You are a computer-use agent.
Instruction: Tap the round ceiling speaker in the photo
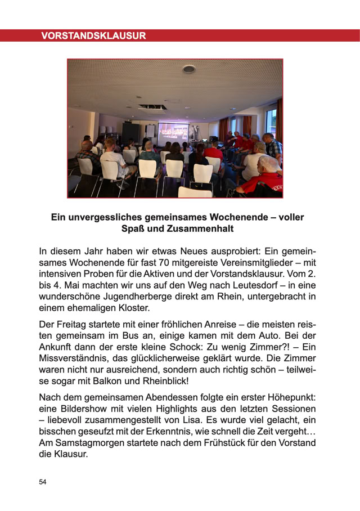[189, 69]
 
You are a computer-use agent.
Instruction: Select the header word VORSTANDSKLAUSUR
[93, 36]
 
